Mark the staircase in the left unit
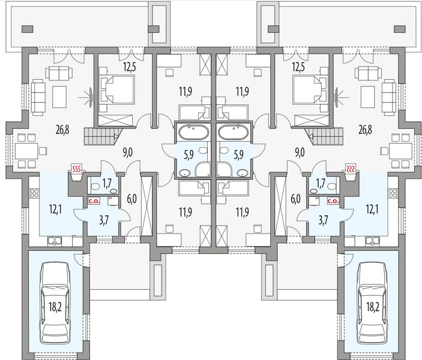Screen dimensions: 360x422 point(101,136)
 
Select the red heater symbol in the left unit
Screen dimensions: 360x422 point(77,169)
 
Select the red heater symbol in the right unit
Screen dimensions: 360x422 point(351,169)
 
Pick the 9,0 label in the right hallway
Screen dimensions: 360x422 point(300,152)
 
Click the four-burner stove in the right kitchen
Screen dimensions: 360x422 point(393,193)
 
